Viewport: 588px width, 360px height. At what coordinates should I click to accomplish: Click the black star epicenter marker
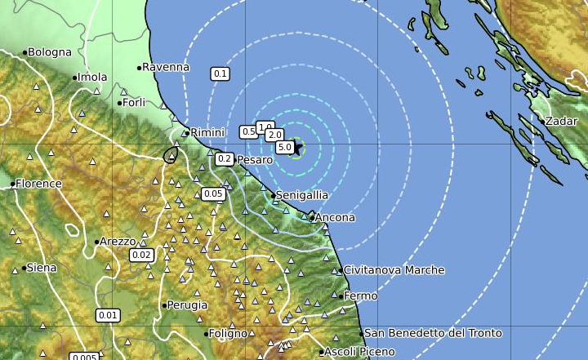297,148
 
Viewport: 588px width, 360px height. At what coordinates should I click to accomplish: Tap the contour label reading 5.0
284,148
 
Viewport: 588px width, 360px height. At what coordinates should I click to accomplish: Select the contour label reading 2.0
274,135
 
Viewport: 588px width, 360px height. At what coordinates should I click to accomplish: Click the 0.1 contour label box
220,73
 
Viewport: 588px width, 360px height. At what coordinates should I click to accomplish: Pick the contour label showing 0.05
213,193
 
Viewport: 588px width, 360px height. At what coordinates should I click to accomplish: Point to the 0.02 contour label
141,255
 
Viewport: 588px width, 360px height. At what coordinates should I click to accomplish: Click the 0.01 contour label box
107,315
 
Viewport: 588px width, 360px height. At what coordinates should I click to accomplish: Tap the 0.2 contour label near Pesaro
225,158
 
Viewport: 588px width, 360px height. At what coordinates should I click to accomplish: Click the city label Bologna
50,52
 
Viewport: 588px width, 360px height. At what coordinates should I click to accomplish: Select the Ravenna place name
167,67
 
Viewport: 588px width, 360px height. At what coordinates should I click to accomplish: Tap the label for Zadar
561,121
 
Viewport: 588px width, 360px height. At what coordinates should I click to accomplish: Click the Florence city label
39,184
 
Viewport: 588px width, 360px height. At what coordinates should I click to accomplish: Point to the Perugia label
187,305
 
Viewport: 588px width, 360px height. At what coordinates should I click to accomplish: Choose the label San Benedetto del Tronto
433,333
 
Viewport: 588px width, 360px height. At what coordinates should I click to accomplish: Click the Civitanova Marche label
394,270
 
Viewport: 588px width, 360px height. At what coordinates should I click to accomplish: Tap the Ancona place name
335,218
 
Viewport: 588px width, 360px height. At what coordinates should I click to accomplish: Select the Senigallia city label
302,196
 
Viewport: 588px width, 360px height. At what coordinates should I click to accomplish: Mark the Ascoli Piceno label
359,352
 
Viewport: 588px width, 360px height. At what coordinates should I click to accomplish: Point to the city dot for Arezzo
97,242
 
